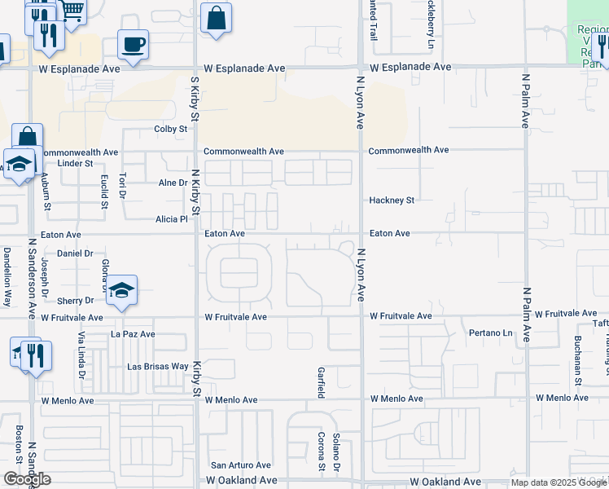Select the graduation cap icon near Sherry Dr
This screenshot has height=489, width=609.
(120, 290)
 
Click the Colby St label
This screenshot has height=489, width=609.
(171, 129)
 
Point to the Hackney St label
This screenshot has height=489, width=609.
(392, 200)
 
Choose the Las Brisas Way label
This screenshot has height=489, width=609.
(157, 367)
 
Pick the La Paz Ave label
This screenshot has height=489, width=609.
(133, 334)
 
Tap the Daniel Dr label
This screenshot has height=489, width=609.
(74, 254)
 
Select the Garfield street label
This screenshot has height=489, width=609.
(321, 381)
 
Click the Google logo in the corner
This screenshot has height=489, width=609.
(27, 479)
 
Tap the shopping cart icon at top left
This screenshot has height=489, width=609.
(72, 11)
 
